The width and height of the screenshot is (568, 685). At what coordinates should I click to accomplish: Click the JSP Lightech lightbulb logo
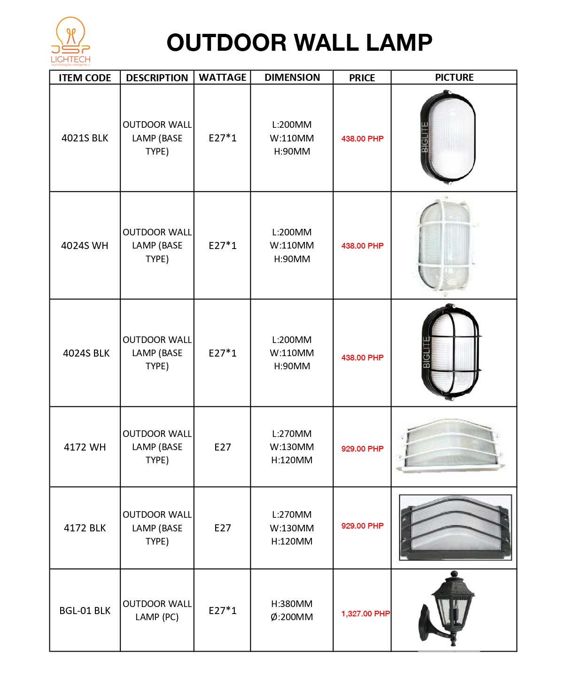point(70,41)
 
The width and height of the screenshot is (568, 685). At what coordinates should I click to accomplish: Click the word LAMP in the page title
point(399,43)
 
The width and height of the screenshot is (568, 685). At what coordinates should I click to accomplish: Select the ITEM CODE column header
point(85,78)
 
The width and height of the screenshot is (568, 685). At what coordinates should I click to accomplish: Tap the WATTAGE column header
point(222,78)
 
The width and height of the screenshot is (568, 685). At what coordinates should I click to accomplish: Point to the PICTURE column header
point(454,78)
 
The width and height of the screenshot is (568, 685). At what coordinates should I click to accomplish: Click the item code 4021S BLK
point(85,138)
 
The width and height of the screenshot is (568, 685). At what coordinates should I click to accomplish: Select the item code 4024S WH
point(85,246)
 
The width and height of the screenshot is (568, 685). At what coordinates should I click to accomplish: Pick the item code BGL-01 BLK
point(85,611)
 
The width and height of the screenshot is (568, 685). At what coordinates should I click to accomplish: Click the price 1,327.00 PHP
point(365,614)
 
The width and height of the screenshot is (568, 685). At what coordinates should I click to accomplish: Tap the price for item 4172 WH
point(362,449)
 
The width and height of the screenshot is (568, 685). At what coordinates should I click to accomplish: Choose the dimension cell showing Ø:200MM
point(292,617)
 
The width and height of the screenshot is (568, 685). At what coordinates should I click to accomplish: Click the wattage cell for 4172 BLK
point(222,528)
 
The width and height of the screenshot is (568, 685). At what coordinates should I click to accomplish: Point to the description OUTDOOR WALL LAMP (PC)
point(157,610)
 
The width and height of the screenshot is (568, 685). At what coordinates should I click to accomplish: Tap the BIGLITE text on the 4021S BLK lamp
point(425,137)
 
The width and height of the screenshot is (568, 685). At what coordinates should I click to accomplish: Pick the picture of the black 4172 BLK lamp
point(455,527)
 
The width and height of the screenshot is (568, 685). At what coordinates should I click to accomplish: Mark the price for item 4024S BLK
point(362,358)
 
